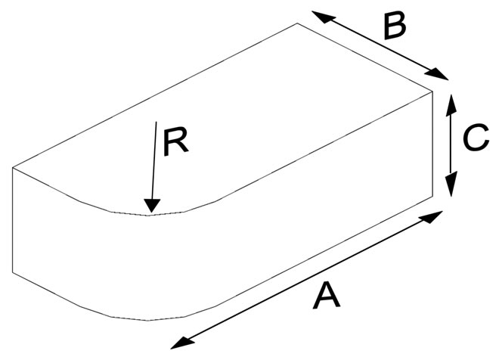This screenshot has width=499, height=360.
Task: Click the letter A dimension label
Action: (327, 296)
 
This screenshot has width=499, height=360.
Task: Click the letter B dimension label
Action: (395, 26)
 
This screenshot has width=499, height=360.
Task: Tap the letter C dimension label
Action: (476, 137)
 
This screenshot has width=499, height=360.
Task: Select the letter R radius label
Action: (175, 142)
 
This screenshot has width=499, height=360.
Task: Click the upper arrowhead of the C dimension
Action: (451, 105)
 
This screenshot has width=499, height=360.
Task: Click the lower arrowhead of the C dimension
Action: (451, 184)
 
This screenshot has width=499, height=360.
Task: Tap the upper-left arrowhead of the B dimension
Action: (324, 17)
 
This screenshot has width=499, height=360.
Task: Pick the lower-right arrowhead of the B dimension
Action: (436, 74)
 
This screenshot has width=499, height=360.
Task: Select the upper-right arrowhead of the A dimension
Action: (431, 217)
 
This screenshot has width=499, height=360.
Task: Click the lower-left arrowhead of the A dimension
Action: (182, 343)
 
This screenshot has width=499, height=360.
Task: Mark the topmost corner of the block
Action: (297, 23)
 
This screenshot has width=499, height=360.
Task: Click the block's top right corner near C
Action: (432, 92)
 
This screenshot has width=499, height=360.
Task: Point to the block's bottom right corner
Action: (432, 197)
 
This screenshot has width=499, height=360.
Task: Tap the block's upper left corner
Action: (13, 167)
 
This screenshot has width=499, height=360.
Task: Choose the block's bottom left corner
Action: (13, 272)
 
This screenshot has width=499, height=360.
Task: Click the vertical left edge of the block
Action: (13, 220)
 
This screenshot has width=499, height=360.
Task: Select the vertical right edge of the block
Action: (432, 144)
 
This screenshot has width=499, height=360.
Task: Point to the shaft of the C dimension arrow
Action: (451, 144)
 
